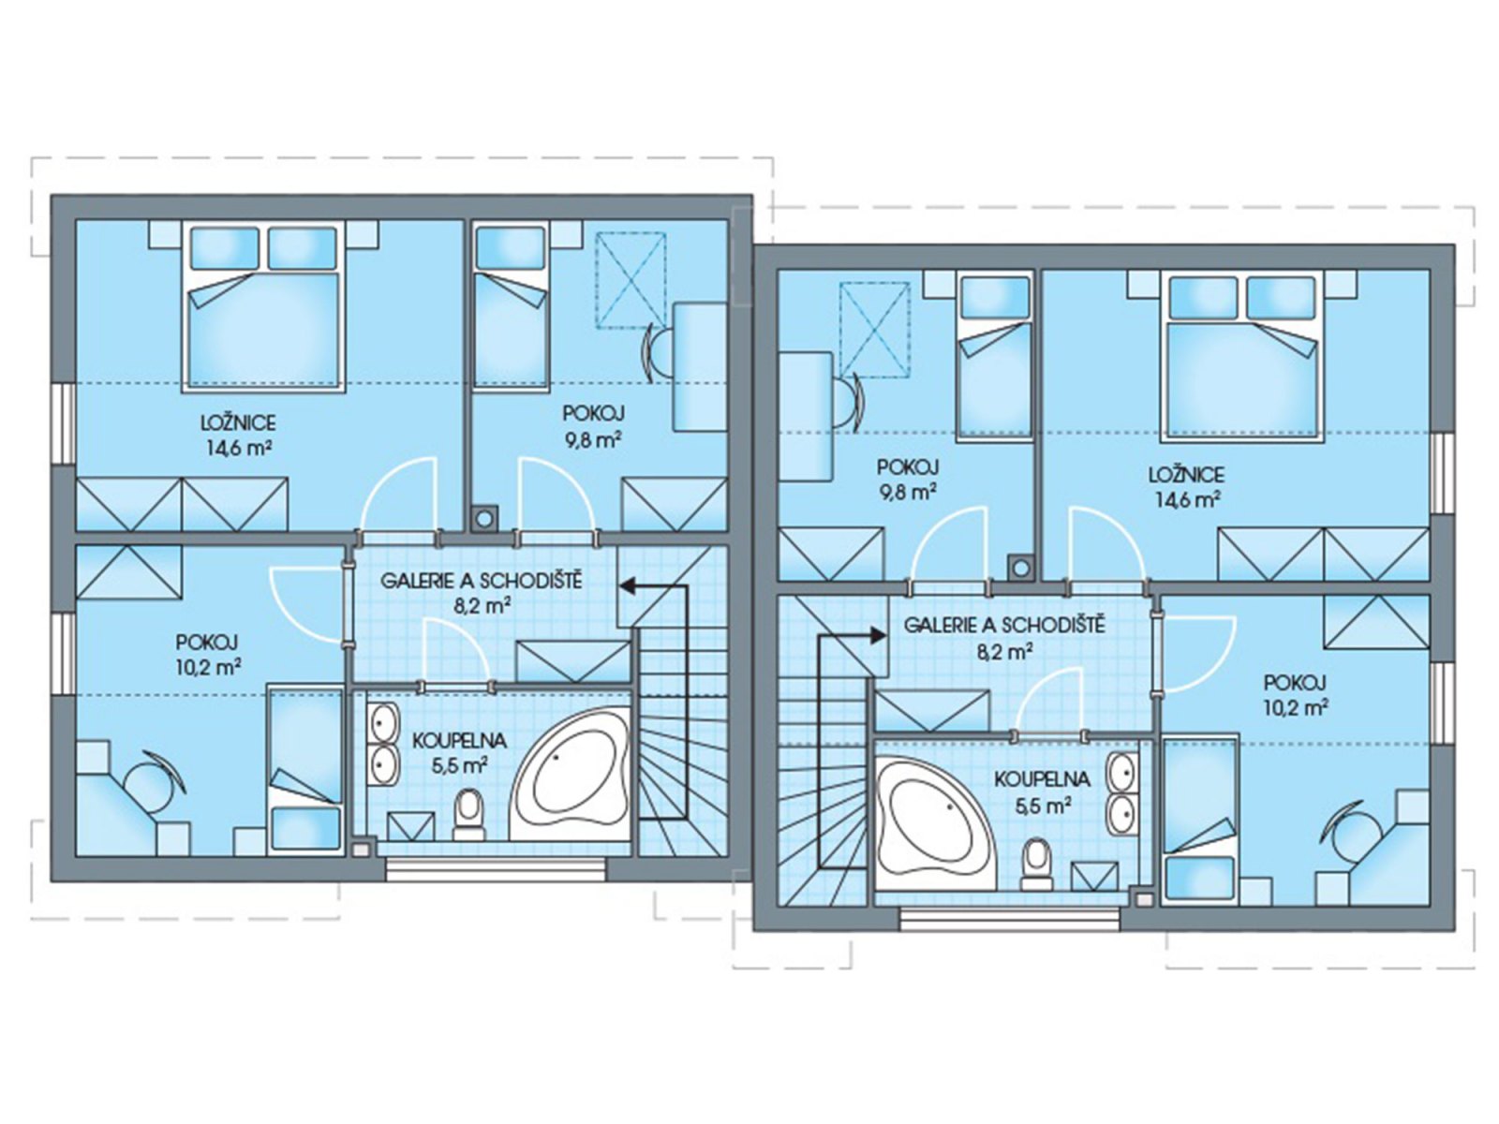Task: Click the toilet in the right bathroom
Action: coord(1036,865)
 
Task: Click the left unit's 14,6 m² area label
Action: coord(238,449)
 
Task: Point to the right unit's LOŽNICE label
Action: coord(1187,474)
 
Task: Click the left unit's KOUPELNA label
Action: coord(459,741)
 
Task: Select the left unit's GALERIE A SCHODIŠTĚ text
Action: coord(481,582)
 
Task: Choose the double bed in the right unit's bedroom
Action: coord(1243,356)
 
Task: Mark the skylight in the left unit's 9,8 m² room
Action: coord(631,277)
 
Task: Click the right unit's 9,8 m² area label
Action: coord(907,492)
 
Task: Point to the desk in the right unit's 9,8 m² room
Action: coord(806,416)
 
